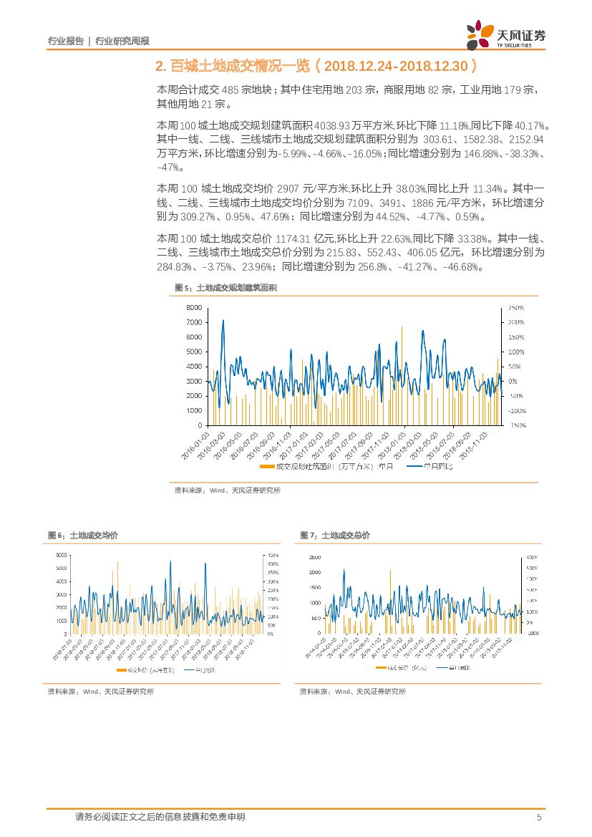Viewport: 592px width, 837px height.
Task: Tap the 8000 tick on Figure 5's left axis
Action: [x=193, y=307]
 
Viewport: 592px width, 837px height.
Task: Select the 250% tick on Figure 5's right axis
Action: [x=516, y=307]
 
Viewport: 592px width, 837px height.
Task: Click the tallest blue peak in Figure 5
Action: [x=223, y=321]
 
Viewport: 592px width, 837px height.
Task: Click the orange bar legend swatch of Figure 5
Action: [x=266, y=467]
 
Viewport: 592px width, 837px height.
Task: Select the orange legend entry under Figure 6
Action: [x=138, y=670]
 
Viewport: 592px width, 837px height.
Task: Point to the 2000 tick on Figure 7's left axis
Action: [x=314, y=572]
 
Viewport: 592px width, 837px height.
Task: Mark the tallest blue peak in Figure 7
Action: [x=344, y=571]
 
